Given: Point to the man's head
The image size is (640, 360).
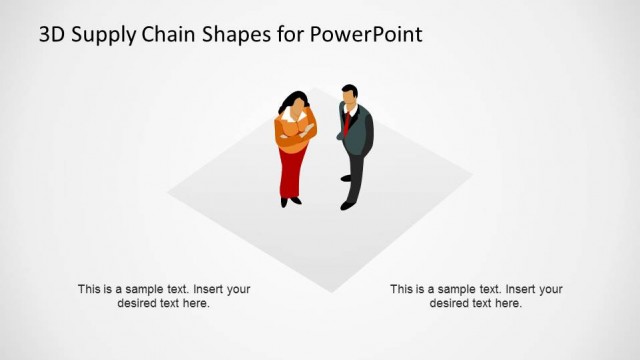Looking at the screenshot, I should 348,97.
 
